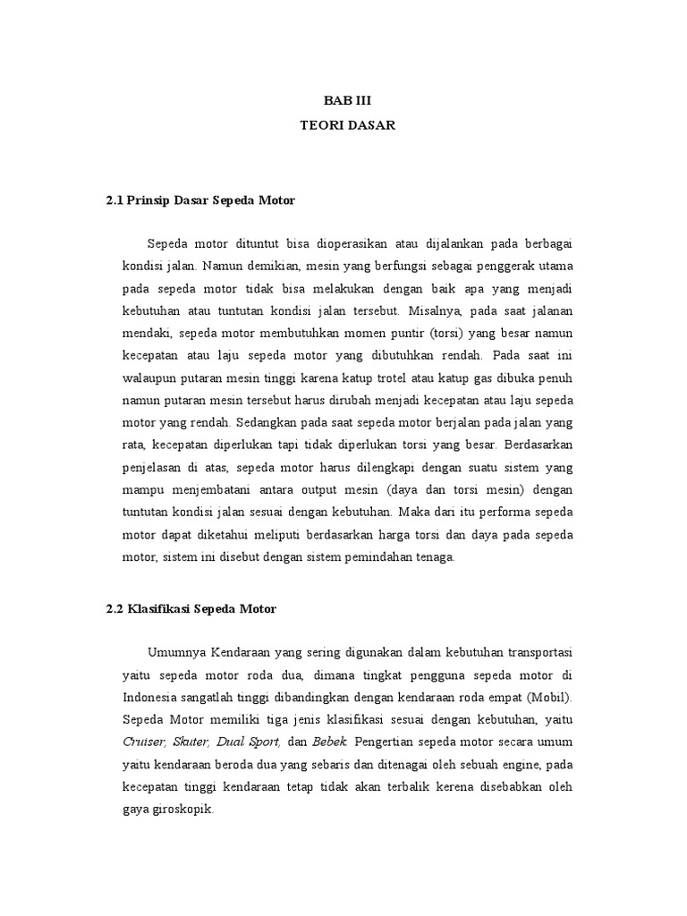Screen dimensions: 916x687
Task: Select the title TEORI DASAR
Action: pos(347,126)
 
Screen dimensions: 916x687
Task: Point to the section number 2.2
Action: pos(114,608)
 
